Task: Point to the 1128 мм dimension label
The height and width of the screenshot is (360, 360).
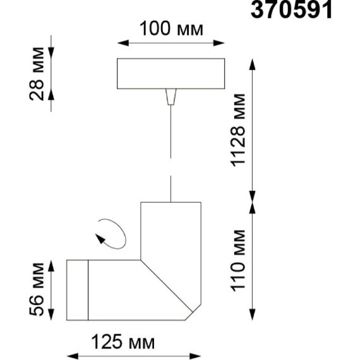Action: point(239,134)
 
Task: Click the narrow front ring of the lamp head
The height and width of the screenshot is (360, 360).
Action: point(77,289)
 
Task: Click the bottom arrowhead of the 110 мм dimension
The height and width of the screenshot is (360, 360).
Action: point(253,316)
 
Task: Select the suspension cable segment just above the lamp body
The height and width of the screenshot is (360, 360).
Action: point(171,189)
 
